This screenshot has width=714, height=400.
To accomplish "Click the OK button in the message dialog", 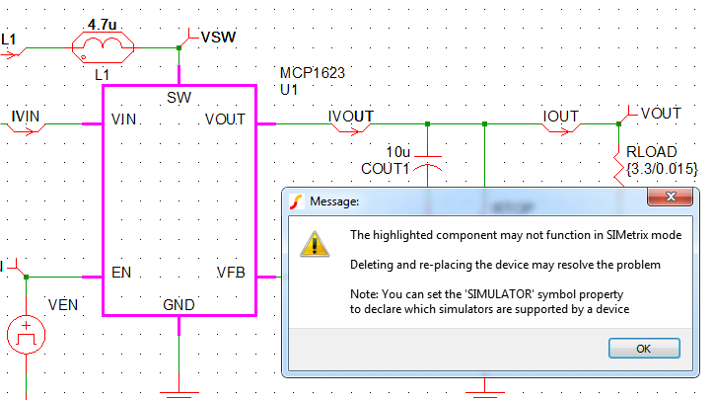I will click(x=643, y=349).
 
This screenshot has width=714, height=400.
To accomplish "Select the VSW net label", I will click(x=218, y=38).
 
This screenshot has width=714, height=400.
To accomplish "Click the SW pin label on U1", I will click(x=179, y=97).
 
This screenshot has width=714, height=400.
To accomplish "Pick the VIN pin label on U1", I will click(x=124, y=120).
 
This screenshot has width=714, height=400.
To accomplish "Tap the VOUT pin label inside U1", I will click(x=226, y=120).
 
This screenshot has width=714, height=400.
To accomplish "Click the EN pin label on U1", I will click(x=121, y=273).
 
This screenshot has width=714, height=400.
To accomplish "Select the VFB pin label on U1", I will click(x=232, y=273).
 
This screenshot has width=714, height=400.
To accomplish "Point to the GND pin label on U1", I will click(x=178, y=304).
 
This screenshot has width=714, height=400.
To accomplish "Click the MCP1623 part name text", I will click(x=313, y=73).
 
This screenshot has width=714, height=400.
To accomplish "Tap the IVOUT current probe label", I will click(x=350, y=116).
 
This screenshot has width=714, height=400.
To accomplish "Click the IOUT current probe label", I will click(x=561, y=116).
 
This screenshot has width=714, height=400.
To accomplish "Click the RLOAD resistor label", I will click(x=650, y=153).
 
